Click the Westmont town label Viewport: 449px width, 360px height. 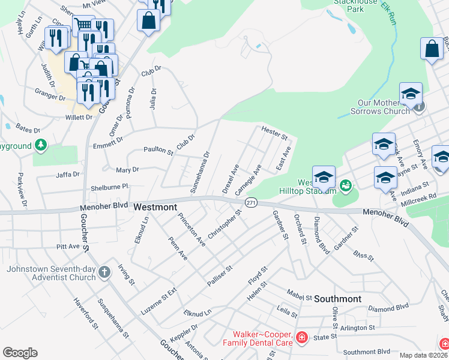155,207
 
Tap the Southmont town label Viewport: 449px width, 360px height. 337,298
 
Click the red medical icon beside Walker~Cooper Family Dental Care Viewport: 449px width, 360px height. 301,339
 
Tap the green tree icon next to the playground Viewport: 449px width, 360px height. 40,145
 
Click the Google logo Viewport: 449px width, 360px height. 20,353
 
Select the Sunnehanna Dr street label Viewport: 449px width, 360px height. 202,170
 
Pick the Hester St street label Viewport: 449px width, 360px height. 274,133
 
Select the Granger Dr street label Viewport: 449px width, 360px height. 50,95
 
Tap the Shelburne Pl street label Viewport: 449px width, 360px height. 110,187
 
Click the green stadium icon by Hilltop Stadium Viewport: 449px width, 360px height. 345,185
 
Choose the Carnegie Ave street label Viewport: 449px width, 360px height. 249,181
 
